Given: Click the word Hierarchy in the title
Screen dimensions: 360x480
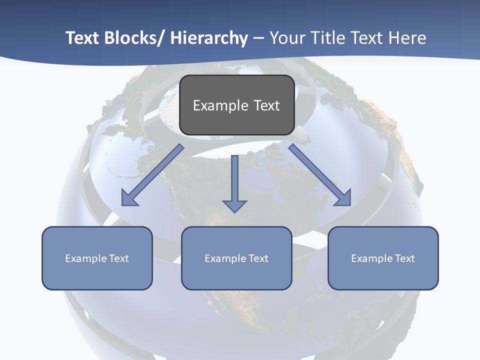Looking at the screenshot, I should [x=208, y=38].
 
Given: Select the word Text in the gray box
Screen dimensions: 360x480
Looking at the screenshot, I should [x=266, y=105].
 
